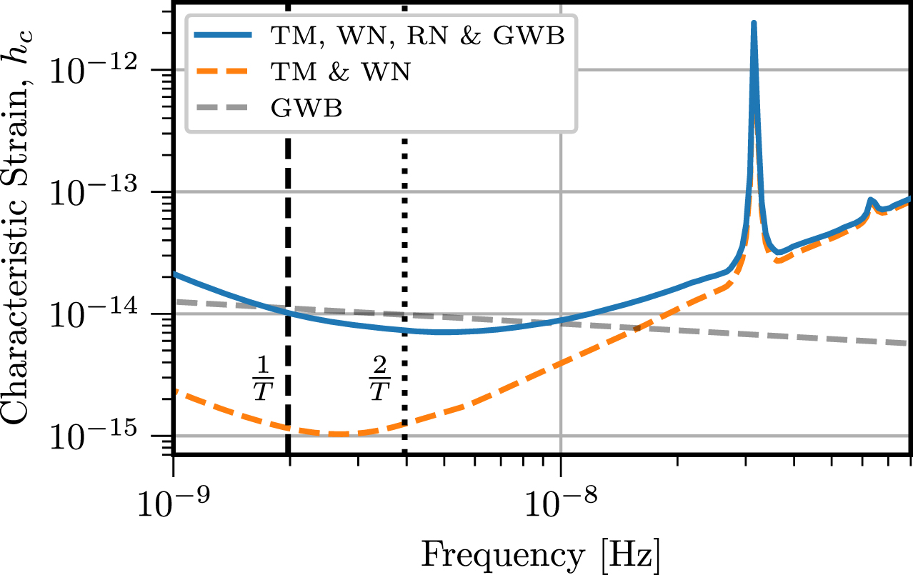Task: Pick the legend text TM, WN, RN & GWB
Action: point(418,36)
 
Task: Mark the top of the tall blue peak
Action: point(754,23)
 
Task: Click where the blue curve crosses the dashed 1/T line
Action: point(288,311)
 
